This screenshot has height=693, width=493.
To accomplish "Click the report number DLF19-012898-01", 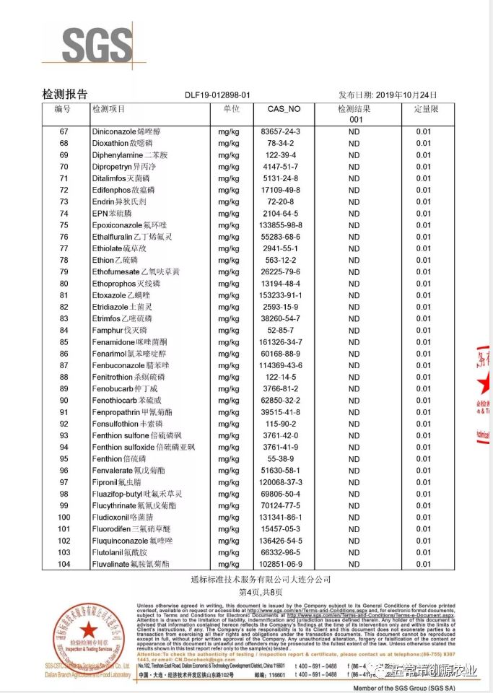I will [217, 95].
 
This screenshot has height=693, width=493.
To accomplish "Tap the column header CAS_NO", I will [279, 109].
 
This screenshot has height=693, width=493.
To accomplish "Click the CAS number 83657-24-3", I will [280, 132].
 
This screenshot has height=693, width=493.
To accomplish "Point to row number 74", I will [64, 213].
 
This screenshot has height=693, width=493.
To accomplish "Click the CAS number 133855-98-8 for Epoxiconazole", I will [280, 225].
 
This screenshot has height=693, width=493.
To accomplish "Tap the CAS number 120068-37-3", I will [280, 482].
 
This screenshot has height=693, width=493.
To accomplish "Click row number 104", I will [64, 564].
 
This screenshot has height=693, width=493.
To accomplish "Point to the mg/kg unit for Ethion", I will [229, 260].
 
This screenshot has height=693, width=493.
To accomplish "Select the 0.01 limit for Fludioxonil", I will [423, 517].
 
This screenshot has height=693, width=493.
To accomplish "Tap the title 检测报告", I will [65, 94].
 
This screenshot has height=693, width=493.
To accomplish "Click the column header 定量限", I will [424, 109].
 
